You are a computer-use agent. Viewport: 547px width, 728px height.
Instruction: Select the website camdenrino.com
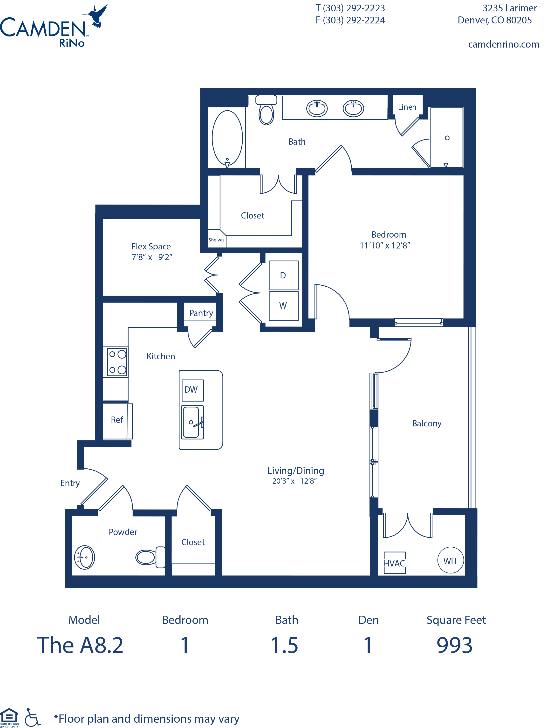point(503,44)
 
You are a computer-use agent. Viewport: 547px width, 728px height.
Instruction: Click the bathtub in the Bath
point(227,138)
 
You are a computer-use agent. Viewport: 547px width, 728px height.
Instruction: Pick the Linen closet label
point(407,107)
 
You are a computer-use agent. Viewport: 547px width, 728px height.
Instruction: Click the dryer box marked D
point(283,275)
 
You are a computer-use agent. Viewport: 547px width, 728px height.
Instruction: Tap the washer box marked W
point(283,306)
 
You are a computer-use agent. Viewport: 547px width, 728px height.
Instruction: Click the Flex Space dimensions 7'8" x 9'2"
point(152,257)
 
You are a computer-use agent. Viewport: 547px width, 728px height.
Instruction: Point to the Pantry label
point(201,313)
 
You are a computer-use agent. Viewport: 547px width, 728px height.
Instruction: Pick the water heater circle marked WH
point(450,560)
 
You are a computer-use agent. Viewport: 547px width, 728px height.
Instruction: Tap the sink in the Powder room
point(84,557)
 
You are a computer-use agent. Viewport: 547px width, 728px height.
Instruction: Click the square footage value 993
point(454,645)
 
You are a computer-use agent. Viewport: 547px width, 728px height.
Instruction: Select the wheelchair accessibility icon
point(32,717)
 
